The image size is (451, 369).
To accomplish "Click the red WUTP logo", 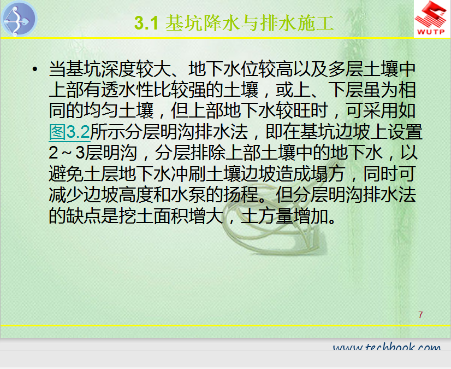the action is (431, 18).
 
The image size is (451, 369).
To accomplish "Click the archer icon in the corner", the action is (19, 19).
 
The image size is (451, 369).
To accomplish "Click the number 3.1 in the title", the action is (146, 23).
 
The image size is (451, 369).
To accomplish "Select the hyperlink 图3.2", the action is (69, 132).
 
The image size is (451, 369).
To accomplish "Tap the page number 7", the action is (420, 315).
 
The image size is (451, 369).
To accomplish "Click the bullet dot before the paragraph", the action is (35, 69).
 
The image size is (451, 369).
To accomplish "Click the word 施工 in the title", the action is (316, 23).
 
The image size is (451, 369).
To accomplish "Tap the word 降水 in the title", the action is (222, 23).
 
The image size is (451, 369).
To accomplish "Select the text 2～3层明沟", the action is (93, 153).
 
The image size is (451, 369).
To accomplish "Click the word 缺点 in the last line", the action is (84, 216).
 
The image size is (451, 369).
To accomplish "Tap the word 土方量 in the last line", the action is (267, 216).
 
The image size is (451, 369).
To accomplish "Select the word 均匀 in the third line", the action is (101, 111).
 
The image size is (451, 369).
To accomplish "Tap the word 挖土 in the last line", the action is (136, 216).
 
